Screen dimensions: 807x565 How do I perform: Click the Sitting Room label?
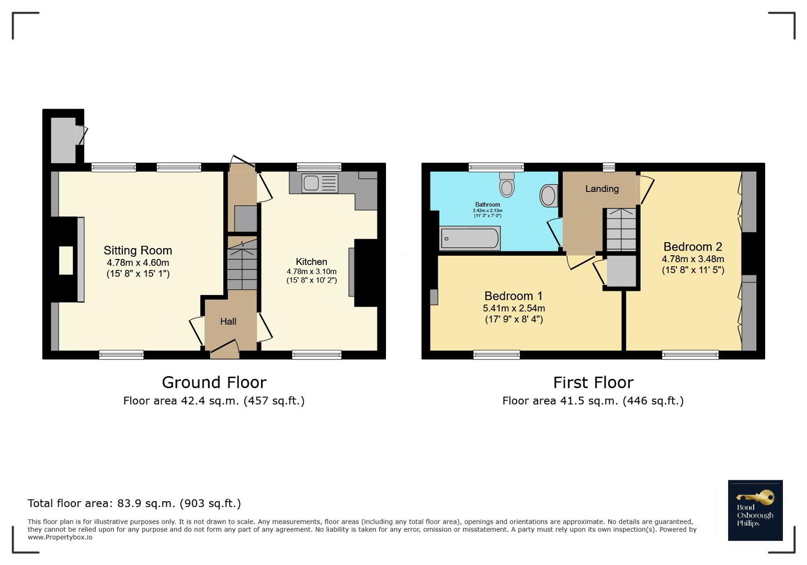(138, 251)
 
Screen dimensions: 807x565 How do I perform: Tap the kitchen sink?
(320, 183)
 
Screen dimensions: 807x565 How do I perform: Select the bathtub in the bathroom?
(470, 238)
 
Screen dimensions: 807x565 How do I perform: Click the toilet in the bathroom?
(507, 184)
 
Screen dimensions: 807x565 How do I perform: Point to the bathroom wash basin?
(549, 196)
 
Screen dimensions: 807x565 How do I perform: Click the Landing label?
(602, 189)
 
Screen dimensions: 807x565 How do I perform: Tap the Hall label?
(228, 321)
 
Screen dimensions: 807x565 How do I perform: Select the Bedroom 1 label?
(514, 296)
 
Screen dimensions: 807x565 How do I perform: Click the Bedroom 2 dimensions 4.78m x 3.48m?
(693, 259)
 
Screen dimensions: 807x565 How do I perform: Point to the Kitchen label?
(311, 262)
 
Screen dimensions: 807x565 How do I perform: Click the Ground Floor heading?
(214, 382)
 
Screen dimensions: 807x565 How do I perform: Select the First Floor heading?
(593, 382)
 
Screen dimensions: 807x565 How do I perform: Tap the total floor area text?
(134, 503)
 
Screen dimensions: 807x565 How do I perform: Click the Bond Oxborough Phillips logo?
(755, 510)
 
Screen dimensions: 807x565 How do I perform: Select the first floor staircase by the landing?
(621, 229)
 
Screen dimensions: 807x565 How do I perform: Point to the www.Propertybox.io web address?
(60, 537)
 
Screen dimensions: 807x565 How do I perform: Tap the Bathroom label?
(487, 205)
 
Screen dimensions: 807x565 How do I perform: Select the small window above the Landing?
(609, 167)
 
